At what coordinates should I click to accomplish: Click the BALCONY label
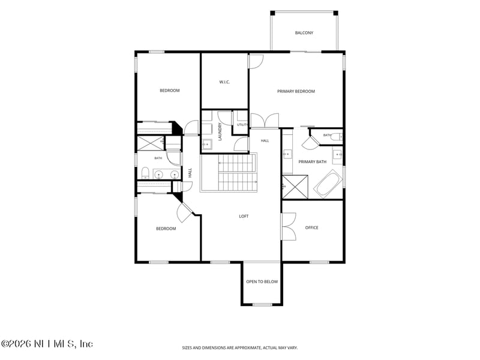click(304, 33)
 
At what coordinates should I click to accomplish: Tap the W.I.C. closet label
click(224, 82)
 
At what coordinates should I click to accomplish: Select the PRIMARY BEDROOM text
click(296, 91)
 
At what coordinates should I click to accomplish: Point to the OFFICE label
click(311, 228)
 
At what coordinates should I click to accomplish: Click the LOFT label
click(244, 217)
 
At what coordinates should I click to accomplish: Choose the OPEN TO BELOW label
click(262, 281)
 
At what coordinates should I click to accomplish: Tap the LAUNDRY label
click(220, 131)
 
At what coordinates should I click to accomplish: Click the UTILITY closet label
click(242, 125)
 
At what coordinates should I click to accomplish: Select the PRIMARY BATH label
click(312, 161)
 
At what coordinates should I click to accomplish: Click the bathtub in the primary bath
click(328, 184)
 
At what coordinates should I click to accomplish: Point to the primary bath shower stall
click(295, 187)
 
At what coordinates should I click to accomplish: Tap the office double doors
click(289, 227)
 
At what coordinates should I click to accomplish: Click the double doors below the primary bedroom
click(265, 121)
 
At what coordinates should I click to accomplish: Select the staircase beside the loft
click(229, 173)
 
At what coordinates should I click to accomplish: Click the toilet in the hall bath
click(145, 173)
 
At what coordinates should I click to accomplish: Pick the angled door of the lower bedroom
click(185, 212)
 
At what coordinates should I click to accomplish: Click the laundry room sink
click(207, 144)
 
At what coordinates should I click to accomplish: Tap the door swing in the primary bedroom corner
click(256, 61)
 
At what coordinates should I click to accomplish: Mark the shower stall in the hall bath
click(150, 143)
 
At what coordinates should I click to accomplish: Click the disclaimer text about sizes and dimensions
click(239, 348)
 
